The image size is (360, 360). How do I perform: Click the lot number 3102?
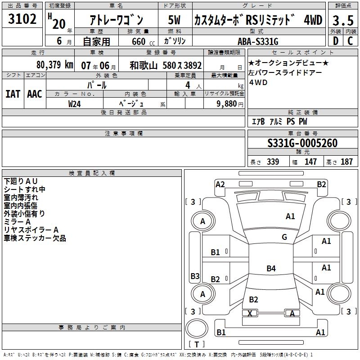(22, 19)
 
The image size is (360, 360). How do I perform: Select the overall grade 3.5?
(343, 20)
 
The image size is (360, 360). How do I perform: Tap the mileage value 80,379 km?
(54, 65)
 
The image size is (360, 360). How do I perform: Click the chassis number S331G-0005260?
(302, 143)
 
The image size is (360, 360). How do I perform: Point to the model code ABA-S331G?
(258, 41)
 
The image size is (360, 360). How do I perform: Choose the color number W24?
(74, 104)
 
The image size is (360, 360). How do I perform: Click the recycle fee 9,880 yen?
(230, 104)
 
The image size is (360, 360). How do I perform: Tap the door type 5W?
(174, 20)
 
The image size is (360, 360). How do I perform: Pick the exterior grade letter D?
(336, 41)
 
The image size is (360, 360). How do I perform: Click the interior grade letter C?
(350, 41)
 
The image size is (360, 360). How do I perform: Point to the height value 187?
(346, 162)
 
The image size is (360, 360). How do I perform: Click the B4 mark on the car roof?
(271, 268)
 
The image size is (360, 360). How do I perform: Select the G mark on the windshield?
(284, 237)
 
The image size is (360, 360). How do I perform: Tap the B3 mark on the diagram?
(195, 276)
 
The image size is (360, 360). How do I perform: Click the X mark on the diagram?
(250, 313)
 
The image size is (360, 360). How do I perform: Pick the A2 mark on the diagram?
(220, 184)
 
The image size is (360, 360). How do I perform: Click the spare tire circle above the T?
(197, 328)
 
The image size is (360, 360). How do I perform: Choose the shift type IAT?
(13, 94)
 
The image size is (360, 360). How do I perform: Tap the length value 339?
(273, 162)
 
